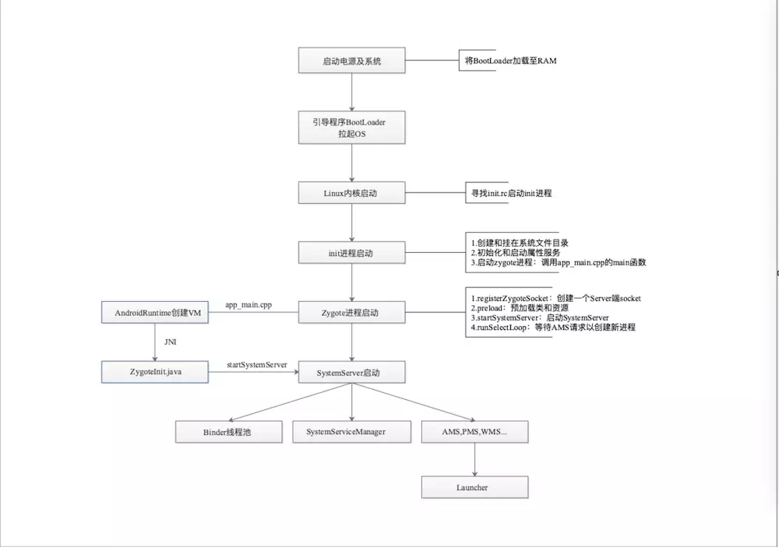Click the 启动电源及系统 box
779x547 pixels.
tap(352, 61)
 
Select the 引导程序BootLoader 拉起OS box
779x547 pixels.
tap(352, 128)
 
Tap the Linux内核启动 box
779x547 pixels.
tap(352, 193)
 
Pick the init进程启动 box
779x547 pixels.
tap(352, 253)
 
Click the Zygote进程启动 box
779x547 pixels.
tap(352, 314)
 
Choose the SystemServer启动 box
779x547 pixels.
tap(352, 373)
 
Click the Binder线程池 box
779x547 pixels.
tap(228, 431)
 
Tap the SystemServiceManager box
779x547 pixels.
tap(351, 431)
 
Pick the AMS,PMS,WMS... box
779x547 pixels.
tap(474, 431)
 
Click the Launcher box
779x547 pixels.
tap(474, 487)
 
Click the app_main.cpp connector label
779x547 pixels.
tap(249, 304)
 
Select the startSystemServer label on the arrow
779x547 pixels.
tap(256, 364)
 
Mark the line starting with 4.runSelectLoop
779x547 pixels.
tap(553, 328)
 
